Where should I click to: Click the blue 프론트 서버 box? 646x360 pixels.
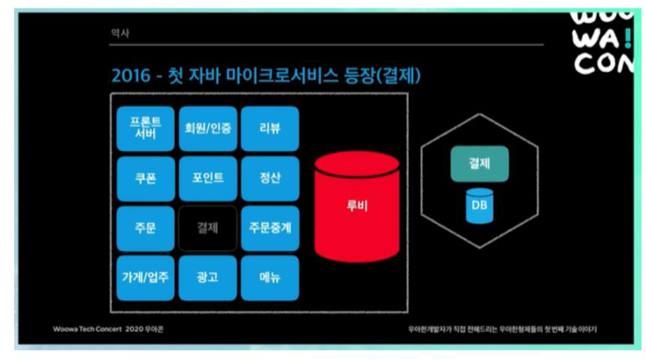(x=145, y=129)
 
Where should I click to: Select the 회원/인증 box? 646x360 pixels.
(x=208, y=129)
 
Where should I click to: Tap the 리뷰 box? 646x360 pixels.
(x=270, y=129)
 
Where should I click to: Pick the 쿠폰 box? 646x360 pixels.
(x=145, y=178)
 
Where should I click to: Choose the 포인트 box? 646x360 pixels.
(x=208, y=178)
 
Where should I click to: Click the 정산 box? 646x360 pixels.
(x=270, y=178)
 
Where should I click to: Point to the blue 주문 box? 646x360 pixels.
(x=145, y=227)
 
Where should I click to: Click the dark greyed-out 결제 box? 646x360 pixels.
(x=208, y=227)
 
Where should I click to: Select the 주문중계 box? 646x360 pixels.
(x=270, y=227)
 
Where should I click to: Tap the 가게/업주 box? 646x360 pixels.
(x=145, y=277)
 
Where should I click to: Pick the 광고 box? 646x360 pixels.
(x=208, y=277)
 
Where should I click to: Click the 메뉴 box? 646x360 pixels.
(x=270, y=277)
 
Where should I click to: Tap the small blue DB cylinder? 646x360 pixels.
(x=479, y=205)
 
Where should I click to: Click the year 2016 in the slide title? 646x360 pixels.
(x=130, y=76)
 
